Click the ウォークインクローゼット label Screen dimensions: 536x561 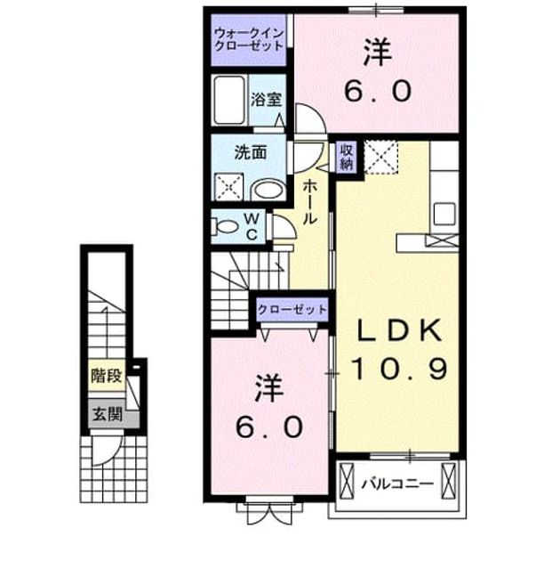click(x=249, y=40)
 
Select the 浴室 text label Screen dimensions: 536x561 click(x=266, y=100)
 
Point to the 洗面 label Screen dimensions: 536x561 click(x=251, y=152)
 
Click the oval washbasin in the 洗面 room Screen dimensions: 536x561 click(x=268, y=191)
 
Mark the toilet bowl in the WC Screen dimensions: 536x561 click(x=224, y=227)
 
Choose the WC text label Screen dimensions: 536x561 click(x=252, y=226)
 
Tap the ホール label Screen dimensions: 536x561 click(x=309, y=202)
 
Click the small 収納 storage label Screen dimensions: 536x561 click(x=346, y=157)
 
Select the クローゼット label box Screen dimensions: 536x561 click(x=292, y=309)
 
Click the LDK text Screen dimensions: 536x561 click(x=399, y=330)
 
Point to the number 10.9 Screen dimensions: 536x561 click(x=399, y=368)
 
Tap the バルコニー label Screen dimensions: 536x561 click(x=397, y=484)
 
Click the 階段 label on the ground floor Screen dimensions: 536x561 click(x=107, y=376)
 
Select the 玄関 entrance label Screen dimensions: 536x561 click(x=108, y=414)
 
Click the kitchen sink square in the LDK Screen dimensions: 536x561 click(x=444, y=214)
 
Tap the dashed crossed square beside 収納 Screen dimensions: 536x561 click(x=380, y=157)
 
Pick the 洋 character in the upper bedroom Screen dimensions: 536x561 click(x=378, y=53)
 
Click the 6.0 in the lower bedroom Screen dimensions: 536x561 click(x=269, y=427)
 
